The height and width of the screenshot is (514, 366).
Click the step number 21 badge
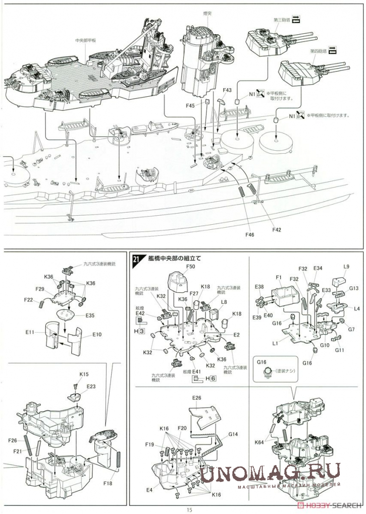(x=136, y=260)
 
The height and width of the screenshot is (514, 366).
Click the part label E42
(x=140, y=313)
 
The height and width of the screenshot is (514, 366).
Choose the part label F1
(x=279, y=277)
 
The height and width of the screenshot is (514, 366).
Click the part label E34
(x=318, y=268)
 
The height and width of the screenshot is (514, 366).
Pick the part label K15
(x=84, y=374)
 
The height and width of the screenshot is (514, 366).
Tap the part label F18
(x=109, y=483)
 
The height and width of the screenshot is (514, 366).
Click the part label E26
(x=196, y=398)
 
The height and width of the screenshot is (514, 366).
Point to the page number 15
(x=189, y=509)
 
